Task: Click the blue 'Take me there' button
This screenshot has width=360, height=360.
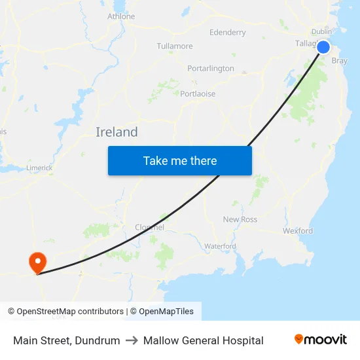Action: [180, 160]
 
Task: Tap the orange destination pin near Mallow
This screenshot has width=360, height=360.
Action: [37, 262]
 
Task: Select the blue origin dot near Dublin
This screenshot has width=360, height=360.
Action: [323, 46]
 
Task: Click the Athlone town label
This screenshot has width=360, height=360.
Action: [121, 16]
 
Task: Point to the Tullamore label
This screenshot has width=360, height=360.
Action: [175, 46]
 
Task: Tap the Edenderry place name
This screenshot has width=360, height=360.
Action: [228, 32]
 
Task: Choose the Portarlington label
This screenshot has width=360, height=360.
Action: [210, 69]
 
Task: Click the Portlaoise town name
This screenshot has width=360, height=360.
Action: [198, 94]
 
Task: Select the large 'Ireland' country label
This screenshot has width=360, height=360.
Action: [117, 132]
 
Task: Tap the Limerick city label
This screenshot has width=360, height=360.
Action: [39, 168]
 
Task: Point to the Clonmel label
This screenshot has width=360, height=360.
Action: [149, 227]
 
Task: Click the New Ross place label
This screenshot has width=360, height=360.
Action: [240, 219]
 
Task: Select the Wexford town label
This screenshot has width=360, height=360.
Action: [298, 230]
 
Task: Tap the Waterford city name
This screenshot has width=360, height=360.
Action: [220, 246]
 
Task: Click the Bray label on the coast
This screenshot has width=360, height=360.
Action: [340, 61]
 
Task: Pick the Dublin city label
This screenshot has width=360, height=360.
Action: [321, 31]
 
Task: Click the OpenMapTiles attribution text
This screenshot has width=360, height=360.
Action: [162, 312]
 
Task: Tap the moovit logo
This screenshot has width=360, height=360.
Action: [321, 340]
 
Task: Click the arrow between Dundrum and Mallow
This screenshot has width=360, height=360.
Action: [132, 340]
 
